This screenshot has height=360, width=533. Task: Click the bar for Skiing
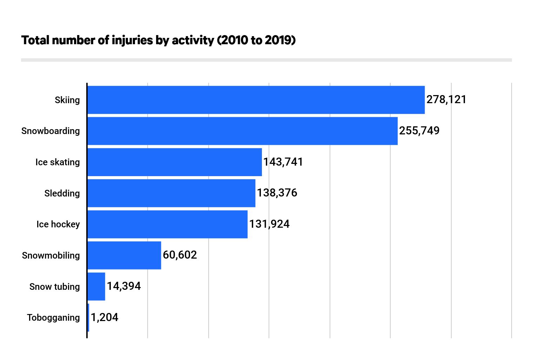point(256,100)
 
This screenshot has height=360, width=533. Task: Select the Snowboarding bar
point(242,131)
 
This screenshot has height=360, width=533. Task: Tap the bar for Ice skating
point(175,162)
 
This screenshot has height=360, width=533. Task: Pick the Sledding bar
point(171,193)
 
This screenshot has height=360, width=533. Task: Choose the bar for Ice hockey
point(167,224)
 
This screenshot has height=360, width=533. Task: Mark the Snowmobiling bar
point(124,255)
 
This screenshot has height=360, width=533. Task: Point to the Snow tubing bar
point(96,286)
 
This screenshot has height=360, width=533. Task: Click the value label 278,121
point(446,100)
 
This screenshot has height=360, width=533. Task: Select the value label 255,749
point(419,131)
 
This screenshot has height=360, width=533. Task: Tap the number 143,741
point(283,162)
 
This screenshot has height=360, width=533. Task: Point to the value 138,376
point(277,193)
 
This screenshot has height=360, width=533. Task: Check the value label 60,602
point(180,255)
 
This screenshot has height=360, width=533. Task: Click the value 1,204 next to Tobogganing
point(104,317)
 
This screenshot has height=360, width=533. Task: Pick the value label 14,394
point(123,286)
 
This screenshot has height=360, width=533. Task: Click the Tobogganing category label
point(53,318)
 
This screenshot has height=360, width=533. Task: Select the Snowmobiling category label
point(51,255)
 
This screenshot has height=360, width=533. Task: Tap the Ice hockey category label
point(58,224)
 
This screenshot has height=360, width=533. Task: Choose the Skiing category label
point(67,100)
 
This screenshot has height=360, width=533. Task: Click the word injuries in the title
point(132,40)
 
